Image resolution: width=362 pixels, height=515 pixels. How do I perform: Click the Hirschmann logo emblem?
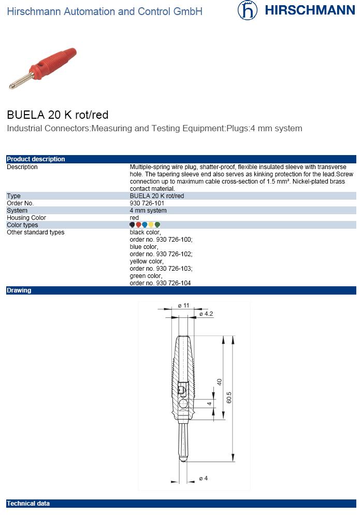click(x=248, y=11)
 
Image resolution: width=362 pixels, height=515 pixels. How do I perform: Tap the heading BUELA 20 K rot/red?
click(x=57, y=115)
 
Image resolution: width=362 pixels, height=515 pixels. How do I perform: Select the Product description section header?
click(x=36, y=159)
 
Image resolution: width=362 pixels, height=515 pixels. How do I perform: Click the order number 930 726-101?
click(x=147, y=203)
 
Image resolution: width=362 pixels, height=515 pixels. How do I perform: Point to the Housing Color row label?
click(x=26, y=218)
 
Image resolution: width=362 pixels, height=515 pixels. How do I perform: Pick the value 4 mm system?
click(x=148, y=211)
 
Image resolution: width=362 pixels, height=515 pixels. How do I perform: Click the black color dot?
click(x=132, y=225)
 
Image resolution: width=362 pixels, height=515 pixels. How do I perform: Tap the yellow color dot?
click(x=151, y=225)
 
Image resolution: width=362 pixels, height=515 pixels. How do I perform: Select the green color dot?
click(x=157, y=225)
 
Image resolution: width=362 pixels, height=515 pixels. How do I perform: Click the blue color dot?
click(x=145, y=225)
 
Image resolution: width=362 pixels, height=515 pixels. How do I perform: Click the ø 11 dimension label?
click(x=184, y=306)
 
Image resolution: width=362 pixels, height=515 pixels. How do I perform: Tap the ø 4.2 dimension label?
click(x=206, y=314)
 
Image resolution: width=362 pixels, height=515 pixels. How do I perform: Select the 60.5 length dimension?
click(x=229, y=398)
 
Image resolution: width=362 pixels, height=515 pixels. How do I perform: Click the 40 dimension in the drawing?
click(x=219, y=382)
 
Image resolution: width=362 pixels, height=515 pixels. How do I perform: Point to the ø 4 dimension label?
click(x=204, y=478)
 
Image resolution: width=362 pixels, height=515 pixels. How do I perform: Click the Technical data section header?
click(x=28, y=504)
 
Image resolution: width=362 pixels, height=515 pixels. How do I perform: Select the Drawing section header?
click(x=19, y=290)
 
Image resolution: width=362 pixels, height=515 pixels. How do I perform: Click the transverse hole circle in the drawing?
click(x=183, y=404)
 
